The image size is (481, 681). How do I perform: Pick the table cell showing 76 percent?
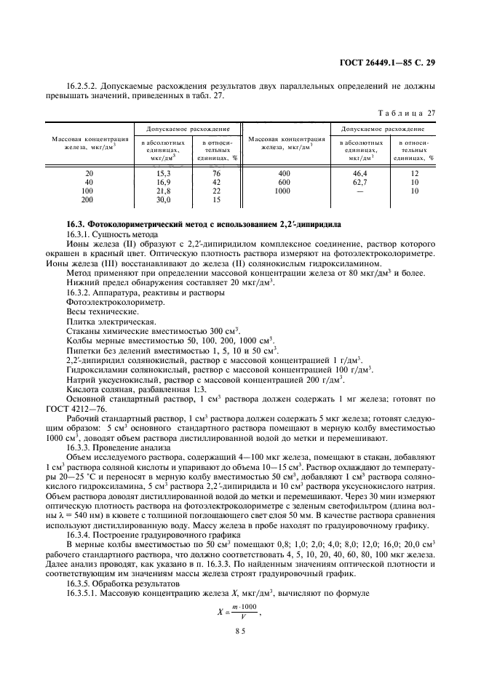tap(216, 173)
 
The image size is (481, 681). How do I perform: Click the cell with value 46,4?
tap(361, 173)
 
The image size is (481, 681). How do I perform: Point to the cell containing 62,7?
tap(361, 182)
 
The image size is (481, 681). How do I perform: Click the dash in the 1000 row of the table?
tap(361, 191)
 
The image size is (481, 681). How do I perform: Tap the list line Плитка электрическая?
tap(100, 321)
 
